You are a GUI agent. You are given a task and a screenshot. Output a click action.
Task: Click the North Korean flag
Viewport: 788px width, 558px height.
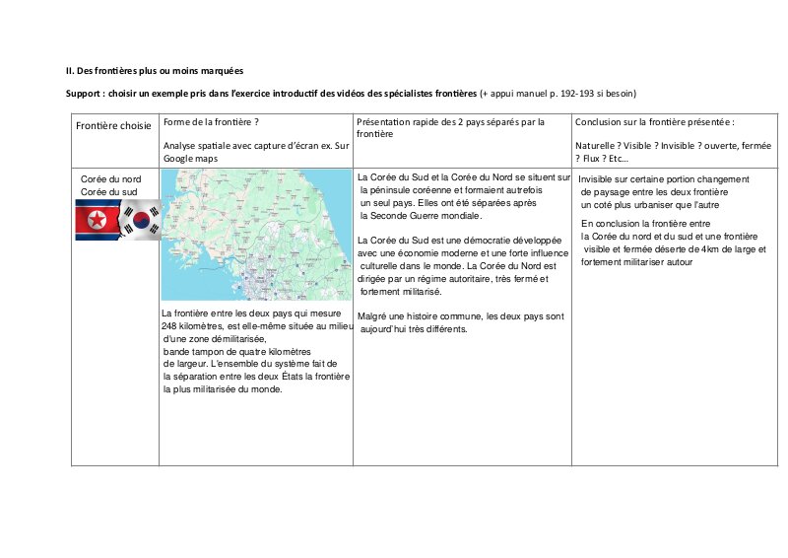(x=97, y=221)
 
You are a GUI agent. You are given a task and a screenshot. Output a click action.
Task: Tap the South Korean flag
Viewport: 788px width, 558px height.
(x=141, y=221)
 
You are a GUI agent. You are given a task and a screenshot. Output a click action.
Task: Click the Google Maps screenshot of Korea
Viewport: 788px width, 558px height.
(x=256, y=235)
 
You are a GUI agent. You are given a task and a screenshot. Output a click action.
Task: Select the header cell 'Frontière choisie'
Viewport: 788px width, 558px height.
(x=114, y=126)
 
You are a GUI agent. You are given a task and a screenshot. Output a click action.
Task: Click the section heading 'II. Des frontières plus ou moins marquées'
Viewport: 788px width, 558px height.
(x=155, y=71)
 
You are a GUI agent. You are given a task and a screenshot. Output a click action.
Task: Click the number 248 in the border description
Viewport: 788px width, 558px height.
(x=169, y=326)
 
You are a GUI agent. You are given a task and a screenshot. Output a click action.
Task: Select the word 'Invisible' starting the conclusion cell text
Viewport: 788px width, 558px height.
(x=599, y=179)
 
